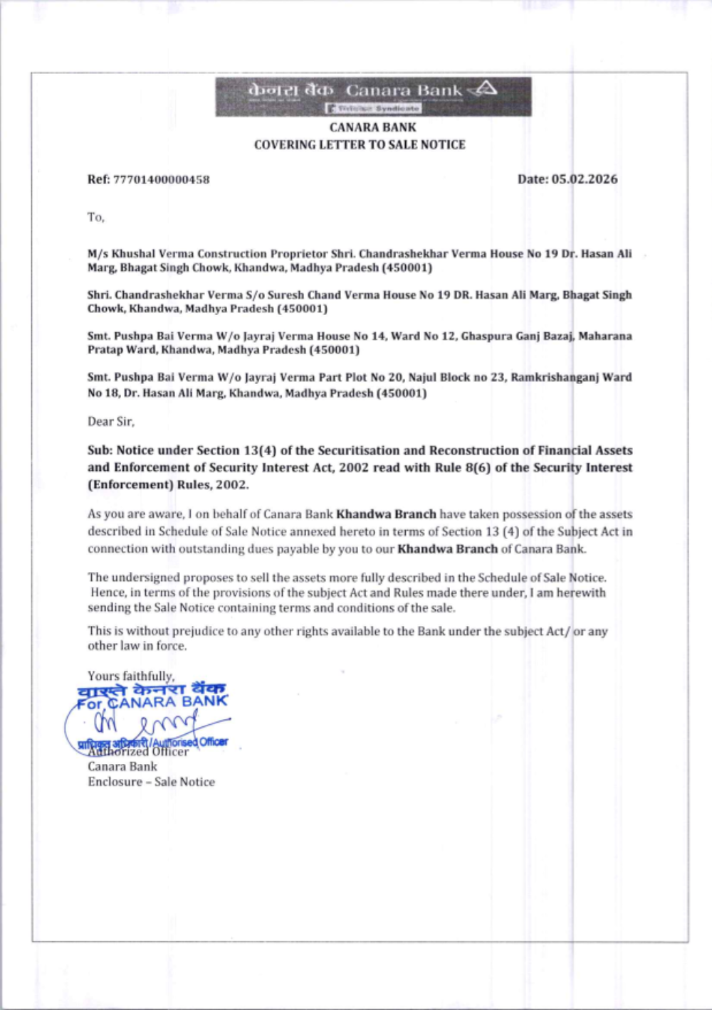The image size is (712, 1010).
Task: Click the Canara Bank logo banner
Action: coord(373,96)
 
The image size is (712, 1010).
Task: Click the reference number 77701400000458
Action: coord(162,179)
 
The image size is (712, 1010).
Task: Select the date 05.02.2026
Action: coord(585,179)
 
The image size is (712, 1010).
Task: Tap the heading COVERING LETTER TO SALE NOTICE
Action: coord(360,144)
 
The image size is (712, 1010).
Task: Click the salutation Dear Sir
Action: coord(111,422)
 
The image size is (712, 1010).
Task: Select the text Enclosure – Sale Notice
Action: coord(151,782)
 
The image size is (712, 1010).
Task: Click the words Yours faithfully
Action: coord(131,676)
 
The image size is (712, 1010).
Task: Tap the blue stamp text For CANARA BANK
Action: coord(152,703)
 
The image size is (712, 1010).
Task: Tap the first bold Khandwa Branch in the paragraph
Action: coord(386,514)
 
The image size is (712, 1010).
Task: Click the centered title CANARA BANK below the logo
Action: coord(372,127)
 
